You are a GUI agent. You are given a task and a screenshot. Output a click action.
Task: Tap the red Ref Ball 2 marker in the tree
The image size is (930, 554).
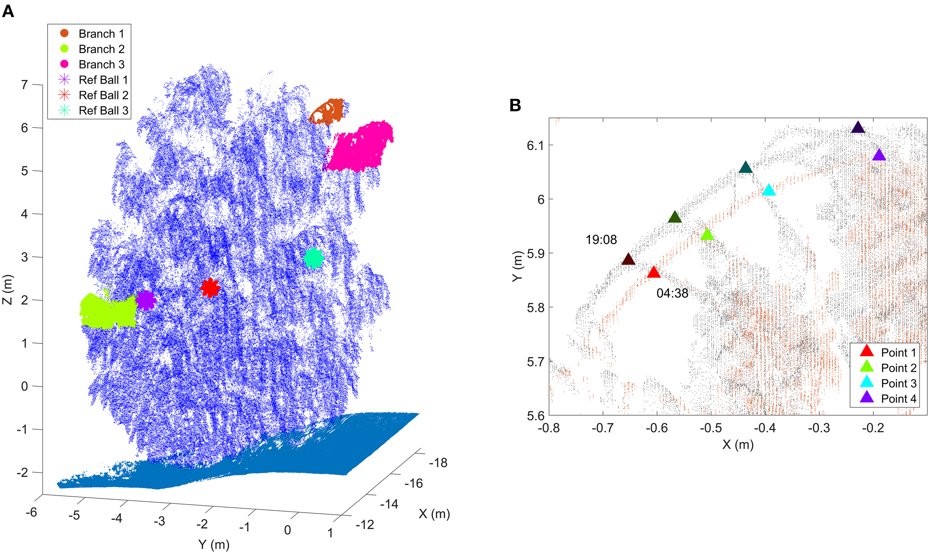coord(210,288)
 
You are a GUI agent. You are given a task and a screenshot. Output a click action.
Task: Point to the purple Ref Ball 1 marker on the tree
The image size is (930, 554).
coord(146,300)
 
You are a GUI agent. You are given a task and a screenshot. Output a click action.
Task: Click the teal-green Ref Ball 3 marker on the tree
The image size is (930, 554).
coord(314,258)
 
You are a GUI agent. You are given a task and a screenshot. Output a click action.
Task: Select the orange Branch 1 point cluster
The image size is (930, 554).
coord(328,111)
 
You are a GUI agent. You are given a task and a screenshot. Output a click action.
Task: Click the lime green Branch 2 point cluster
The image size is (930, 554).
coord(108,311)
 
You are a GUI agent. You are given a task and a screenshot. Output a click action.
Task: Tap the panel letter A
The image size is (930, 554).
coord(8,11)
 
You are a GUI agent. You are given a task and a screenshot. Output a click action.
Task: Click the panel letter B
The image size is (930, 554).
coord(515,105)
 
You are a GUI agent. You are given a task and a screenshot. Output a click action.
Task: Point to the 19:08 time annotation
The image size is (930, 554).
coord(601,240)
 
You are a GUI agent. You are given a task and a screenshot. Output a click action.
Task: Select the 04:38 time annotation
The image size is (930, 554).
coord(672,294)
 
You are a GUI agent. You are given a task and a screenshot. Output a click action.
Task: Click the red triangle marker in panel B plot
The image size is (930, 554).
coord(654,272)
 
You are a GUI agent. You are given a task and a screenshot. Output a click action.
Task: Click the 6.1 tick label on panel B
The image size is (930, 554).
coord(535,145)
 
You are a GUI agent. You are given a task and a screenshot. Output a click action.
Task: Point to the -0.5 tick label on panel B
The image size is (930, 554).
coord(711,428)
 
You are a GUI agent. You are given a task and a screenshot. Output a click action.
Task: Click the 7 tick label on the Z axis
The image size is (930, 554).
coord(25,85)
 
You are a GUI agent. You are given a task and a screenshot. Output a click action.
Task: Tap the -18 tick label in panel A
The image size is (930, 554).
coord(438,463)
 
